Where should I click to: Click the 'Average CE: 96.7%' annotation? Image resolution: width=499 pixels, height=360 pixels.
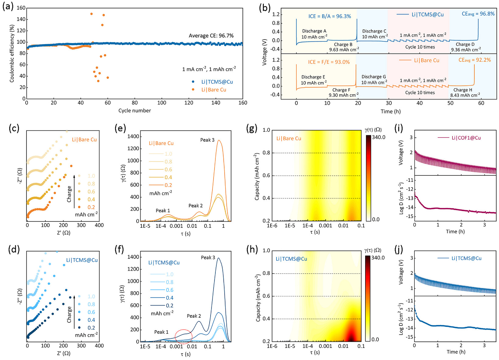[211, 36]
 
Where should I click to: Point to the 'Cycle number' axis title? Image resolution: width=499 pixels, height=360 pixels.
[134, 111]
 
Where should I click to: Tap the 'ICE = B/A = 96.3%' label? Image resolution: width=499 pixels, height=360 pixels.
[330, 16]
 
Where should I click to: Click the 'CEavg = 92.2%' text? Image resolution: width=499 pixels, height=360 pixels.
[474, 60]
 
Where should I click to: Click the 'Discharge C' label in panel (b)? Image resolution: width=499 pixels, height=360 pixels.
[374, 31]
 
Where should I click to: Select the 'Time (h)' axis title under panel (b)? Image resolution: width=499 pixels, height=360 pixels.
[390, 112]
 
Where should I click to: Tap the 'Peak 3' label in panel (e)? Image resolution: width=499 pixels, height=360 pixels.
[207, 140]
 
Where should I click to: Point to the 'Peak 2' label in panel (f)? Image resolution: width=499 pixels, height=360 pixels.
[194, 316]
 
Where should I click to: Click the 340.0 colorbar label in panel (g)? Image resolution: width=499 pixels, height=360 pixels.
[379, 137]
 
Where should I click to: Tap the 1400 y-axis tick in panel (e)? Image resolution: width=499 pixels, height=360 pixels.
[133, 137]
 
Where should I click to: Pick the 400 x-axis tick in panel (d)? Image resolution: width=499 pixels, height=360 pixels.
[99, 346]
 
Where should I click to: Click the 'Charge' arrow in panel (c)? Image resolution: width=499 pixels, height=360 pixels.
[74, 192]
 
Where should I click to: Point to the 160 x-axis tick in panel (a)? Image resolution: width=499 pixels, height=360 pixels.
[243, 103]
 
